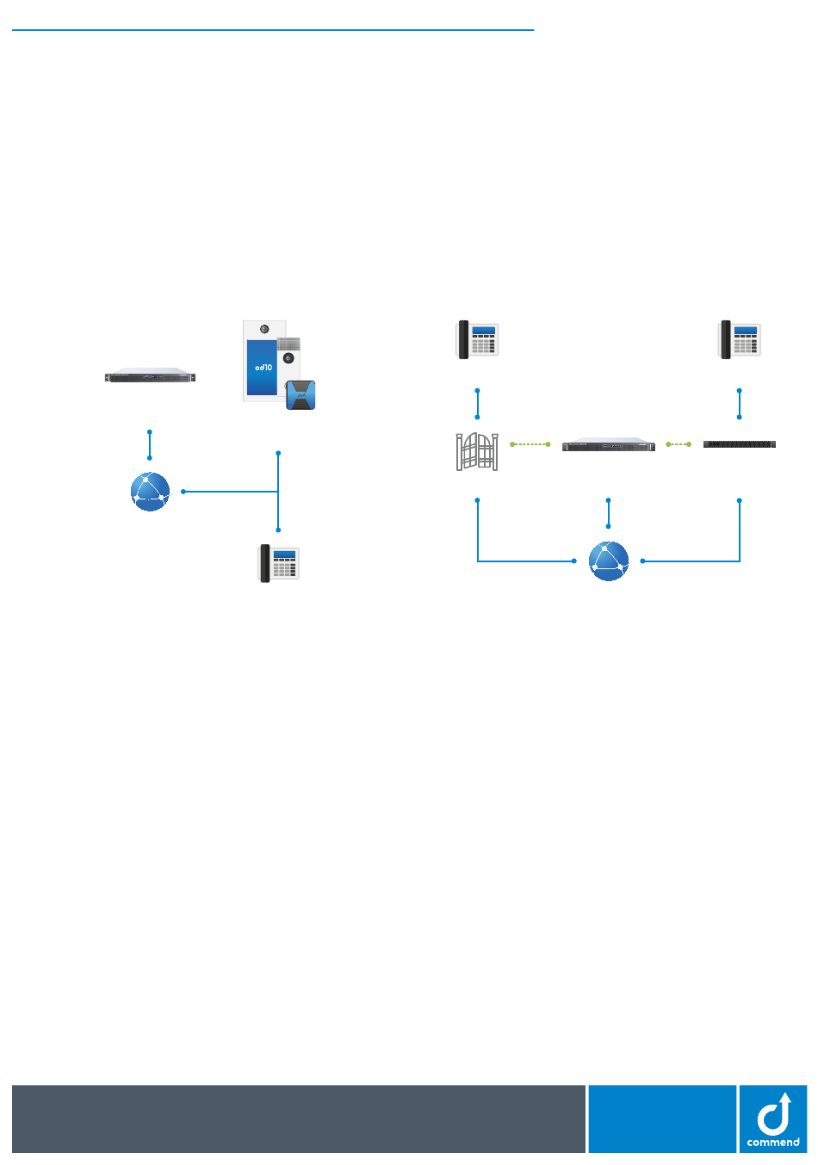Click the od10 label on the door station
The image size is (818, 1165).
(263, 367)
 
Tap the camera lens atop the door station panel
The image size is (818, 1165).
(264, 329)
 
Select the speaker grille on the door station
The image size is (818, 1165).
(288, 344)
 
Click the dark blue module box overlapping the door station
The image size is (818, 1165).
(301, 394)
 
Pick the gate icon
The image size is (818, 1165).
(477, 451)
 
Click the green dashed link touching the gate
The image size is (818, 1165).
(530, 444)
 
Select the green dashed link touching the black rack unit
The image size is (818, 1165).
(679, 444)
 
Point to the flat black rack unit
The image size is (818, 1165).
(739, 444)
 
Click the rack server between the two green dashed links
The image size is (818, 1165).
(609, 444)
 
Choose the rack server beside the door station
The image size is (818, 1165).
(150, 375)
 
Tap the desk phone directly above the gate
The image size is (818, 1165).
(477, 339)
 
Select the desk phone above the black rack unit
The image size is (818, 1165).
(739, 339)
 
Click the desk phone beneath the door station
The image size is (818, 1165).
(278, 563)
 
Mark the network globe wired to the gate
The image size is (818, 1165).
(609, 561)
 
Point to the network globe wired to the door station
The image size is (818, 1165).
(150, 492)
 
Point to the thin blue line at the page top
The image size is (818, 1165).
(273, 30)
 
